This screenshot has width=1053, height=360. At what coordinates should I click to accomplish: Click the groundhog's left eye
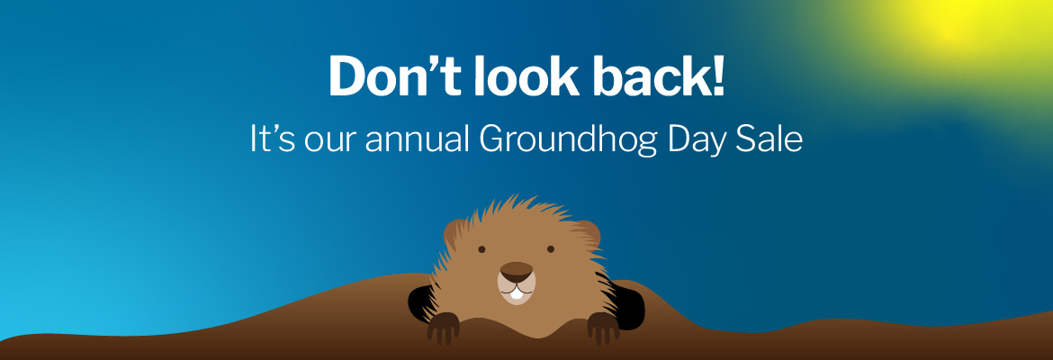[x=481, y=249]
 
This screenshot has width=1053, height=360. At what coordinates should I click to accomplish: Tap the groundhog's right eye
[x=551, y=249]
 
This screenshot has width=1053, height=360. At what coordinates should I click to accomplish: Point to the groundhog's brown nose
[x=516, y=270]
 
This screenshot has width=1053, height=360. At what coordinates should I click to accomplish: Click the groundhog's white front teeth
[x=516, y=292]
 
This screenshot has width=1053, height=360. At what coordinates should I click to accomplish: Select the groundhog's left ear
[x=454, y=234]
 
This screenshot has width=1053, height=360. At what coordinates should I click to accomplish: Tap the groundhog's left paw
[x=443, y=328]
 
